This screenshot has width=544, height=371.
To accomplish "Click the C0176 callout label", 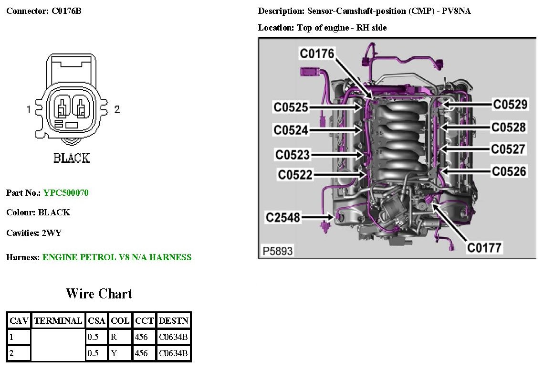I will point(317,53).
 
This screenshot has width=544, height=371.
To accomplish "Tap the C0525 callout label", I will point(291,107).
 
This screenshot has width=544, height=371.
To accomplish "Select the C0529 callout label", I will point(510,105).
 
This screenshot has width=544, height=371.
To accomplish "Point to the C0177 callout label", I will point(484,248).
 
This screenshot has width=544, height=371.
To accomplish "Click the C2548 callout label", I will point(283,218).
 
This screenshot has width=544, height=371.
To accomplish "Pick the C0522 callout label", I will point(295,175).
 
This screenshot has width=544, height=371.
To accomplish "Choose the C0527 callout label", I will point(508,149).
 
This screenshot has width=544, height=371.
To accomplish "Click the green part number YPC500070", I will point(66,193).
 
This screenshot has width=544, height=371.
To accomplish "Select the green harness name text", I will point(117,257).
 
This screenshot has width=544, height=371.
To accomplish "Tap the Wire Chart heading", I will point(99,293).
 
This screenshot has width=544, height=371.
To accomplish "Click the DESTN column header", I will point(174,321).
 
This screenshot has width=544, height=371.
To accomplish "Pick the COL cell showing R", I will point(114,337).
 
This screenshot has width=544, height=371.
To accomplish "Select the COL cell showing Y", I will point(114,353).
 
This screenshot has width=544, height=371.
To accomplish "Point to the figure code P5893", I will point(277,251).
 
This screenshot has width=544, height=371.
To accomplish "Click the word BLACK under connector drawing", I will point(71,158).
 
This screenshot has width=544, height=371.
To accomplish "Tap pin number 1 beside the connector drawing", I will point(29,109).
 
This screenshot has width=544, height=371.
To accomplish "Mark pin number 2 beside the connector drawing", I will point(117,109).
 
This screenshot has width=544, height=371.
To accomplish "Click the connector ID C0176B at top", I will point(66,11).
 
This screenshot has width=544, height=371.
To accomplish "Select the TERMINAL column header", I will point(58,321).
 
